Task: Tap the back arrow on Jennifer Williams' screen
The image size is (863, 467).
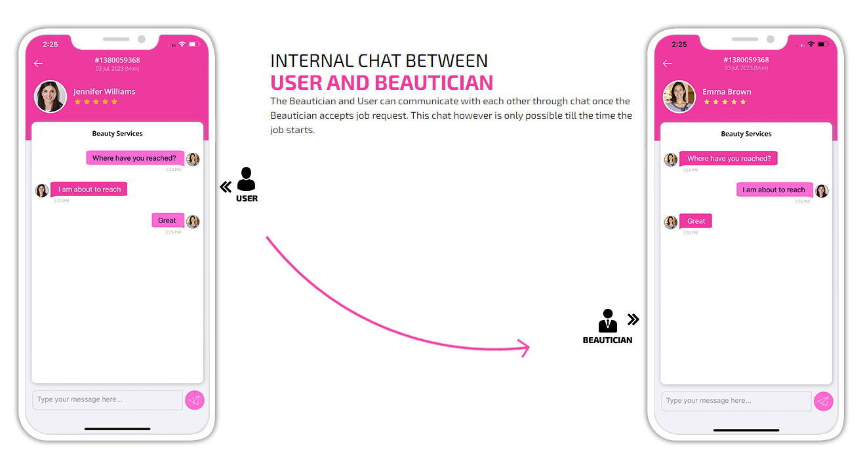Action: click(38, 64)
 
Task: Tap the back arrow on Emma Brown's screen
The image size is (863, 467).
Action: click(668, 64)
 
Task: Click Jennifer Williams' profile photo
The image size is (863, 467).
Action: click(50, 96)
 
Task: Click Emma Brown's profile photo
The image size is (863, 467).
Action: click(679, 96)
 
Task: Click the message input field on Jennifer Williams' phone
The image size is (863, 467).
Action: click(108, 399)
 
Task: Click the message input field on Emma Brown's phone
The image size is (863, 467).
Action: click(736, 401)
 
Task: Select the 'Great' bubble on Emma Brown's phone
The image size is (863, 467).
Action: click(696, 221)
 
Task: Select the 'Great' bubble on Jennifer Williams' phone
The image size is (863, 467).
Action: click(168, 220)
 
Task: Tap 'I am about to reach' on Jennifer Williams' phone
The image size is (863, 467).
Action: click(89, 189)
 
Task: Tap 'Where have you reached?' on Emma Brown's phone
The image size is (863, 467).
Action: click(729, 158)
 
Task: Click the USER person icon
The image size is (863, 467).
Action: click(246, 179)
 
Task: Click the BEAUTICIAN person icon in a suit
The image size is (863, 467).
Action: click(607, 321)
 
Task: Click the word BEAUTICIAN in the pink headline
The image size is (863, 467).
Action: click(434, 83)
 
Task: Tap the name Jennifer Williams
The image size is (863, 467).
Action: click(104, 92)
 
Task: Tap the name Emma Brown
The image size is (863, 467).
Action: click(727, 92)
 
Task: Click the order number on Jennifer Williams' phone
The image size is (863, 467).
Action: click(117, 60)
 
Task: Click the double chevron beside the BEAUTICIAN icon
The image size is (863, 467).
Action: click(633, 319)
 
